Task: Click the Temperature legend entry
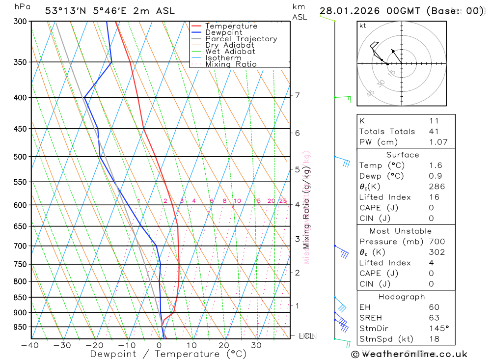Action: click(x=231, y=26)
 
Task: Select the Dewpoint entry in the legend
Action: click(x=223, y=32)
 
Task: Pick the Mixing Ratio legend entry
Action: click(x=231, y=64)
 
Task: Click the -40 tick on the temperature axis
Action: click(x=30, y=345)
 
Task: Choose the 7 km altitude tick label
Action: click(x=297, y=95)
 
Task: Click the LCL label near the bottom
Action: click(x=306, y=336)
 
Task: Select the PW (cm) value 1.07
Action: click(x=438, y=142)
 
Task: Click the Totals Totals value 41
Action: click(x=434, y=132)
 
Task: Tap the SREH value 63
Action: click(x=434, y=318)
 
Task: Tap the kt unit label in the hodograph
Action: click(x=363, y=26)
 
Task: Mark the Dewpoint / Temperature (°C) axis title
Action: click(x=168, y=354)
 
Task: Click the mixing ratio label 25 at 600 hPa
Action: click(x=283, y=201)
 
